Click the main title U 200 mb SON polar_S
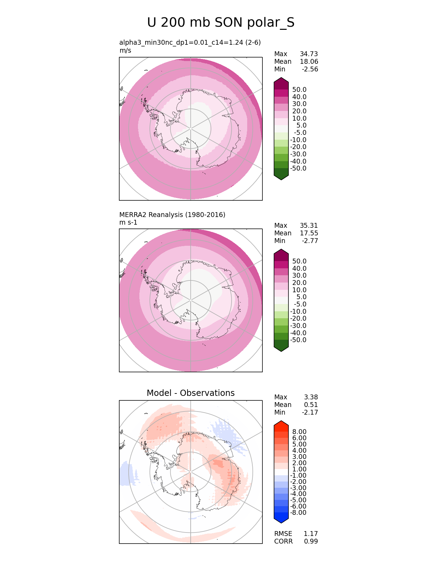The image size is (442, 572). tap(221, 23)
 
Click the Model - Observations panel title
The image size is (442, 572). tap(191, 393)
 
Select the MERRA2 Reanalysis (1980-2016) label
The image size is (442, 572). tap(172, 215)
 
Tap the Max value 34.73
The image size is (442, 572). tap(309, 54)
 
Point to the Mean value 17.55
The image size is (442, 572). tap(309, 233)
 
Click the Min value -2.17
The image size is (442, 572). tap(310, 413)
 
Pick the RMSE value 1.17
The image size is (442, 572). tap(311, 534)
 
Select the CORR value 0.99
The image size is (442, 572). tap(311, 541)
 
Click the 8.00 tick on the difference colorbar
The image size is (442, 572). tap(299, 432)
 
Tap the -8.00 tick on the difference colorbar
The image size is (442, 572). tap(298, 513)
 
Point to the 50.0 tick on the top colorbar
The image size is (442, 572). tap(299, 90)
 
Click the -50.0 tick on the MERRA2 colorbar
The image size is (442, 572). tap(298, 340)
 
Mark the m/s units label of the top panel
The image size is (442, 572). tap(125, 51)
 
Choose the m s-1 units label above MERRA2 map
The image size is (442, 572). tap(128, 223)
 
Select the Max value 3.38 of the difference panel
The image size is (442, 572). tap(311, 397)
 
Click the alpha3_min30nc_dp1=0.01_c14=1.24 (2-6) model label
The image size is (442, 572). tap(190, 43)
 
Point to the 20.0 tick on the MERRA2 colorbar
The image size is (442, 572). tap(299, 283)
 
